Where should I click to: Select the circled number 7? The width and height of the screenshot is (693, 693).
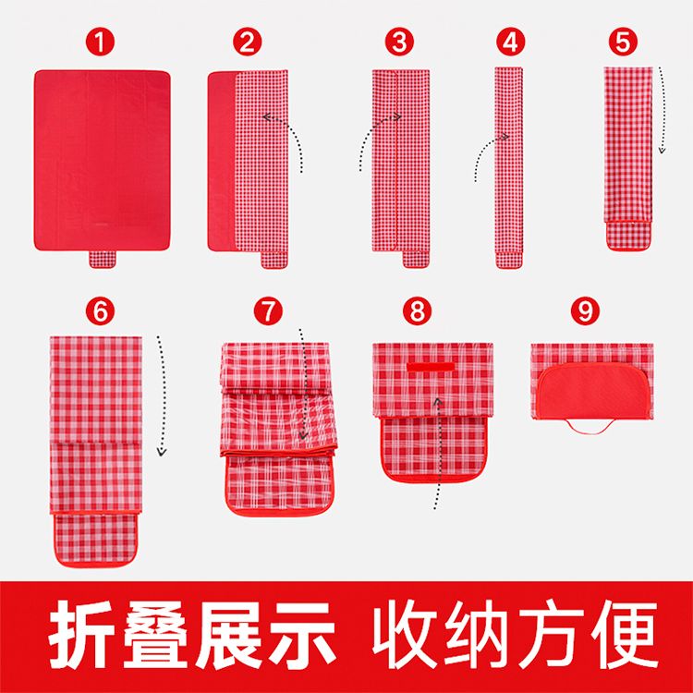[268, 311]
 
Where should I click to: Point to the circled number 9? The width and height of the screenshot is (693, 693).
[585, 311]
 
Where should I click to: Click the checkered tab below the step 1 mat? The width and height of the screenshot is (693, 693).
[102, 260]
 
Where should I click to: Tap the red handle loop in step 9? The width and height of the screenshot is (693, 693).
[590, 428]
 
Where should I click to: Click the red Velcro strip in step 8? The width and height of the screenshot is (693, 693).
[431, 367]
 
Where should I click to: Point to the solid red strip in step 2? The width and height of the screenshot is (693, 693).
[222, 161]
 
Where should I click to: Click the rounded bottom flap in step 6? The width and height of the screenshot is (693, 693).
[96, 540]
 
